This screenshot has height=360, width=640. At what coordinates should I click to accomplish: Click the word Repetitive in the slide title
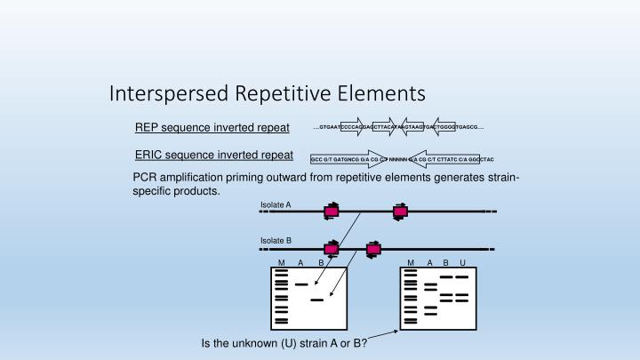[x=279, y=92]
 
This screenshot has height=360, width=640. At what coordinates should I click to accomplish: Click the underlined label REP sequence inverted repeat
[x=212, y=127]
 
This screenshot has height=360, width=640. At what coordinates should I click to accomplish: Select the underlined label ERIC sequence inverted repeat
[x=212, y=155]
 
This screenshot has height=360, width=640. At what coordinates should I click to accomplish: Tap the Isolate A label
[x=276, y=205]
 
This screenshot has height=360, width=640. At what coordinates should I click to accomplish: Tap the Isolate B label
[x=276, y=241]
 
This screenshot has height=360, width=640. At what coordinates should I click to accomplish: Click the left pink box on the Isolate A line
[x=332, y=212]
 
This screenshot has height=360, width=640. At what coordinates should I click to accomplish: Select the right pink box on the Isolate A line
[x=400, y=212]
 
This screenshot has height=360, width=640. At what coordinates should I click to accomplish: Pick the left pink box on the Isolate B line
[x=332, y=248]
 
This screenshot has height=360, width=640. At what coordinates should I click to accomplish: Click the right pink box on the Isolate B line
[x=373, y=248]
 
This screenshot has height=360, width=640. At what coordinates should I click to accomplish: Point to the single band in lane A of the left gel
[x=301, y=284]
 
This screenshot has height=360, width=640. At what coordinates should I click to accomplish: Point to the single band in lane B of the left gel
[x=317, y=300]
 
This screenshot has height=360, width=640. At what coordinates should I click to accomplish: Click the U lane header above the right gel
[x=462, y=262]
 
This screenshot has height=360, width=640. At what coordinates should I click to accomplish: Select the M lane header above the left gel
[x=282, y=262]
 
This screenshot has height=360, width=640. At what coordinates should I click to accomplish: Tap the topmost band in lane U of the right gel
[x=462, y=276]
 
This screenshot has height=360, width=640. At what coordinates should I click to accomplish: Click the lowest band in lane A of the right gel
[x=430, y=313]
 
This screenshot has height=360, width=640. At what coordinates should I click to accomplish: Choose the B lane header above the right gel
[x=446, y=262]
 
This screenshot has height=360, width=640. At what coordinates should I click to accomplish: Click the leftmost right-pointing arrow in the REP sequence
[x=353, y=128]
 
